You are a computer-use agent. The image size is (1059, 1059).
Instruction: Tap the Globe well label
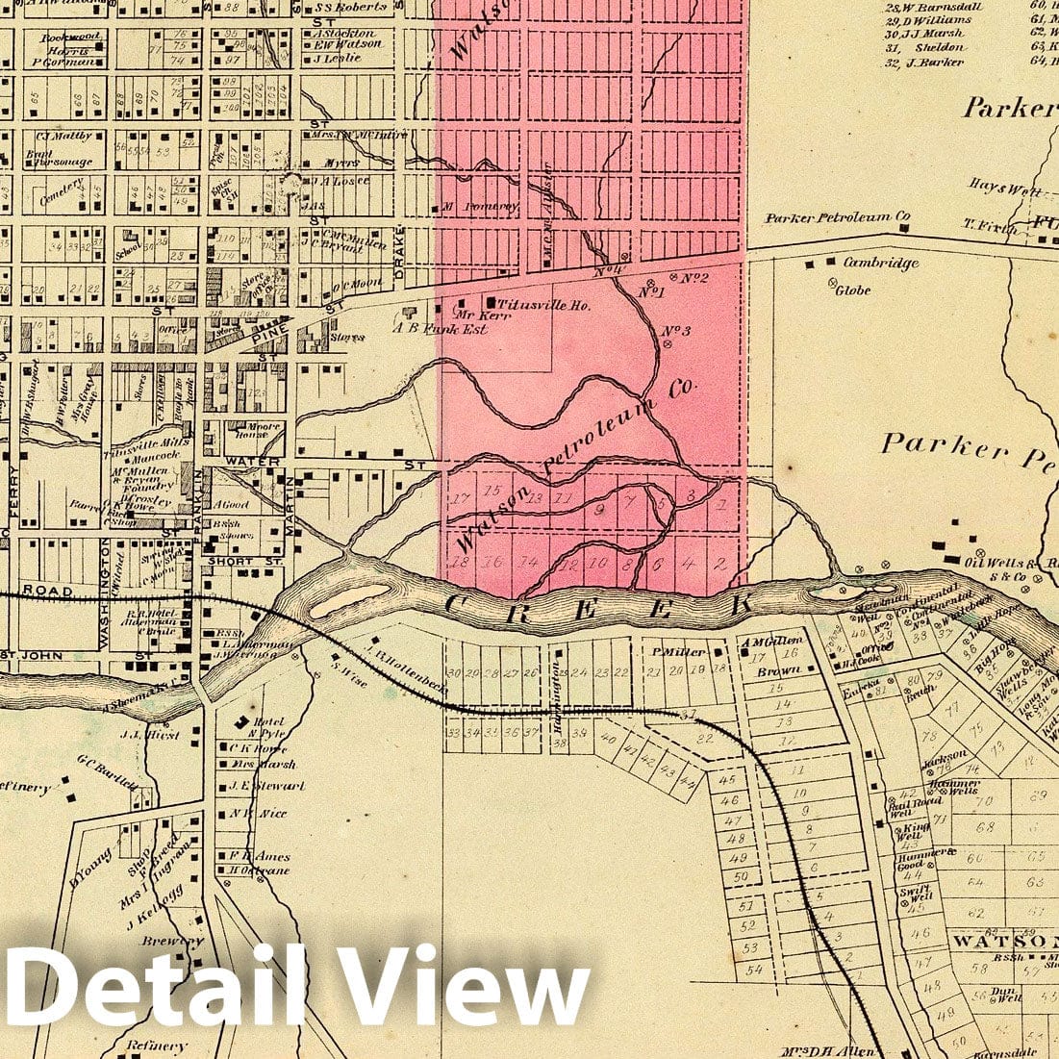click(853, 290)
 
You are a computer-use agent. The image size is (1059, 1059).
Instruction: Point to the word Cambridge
click(880, 263)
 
